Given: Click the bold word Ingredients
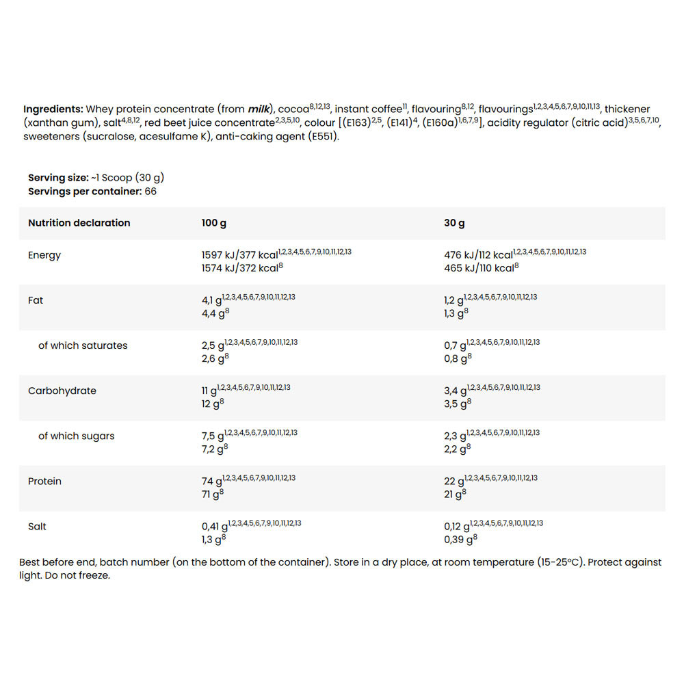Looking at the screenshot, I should coord(53,109).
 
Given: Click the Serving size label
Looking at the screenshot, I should coord(58,178).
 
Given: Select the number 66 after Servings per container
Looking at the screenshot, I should coord(150,192).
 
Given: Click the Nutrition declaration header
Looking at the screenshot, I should coord(79,223).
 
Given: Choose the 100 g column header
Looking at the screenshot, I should coord(214,223).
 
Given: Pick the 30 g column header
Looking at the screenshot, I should coord(454,223).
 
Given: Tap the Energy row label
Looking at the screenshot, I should coord(44,255).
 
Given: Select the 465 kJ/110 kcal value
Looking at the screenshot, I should coord(479,268).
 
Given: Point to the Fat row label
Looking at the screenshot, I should coord(36,300).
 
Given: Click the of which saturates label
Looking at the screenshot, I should coord(83,345).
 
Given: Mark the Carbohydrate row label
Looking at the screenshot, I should coord(62,391).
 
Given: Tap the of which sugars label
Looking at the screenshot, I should coord(77,436).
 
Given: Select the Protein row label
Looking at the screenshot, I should coord(44,481).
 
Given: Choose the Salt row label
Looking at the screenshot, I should coord(38,527).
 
